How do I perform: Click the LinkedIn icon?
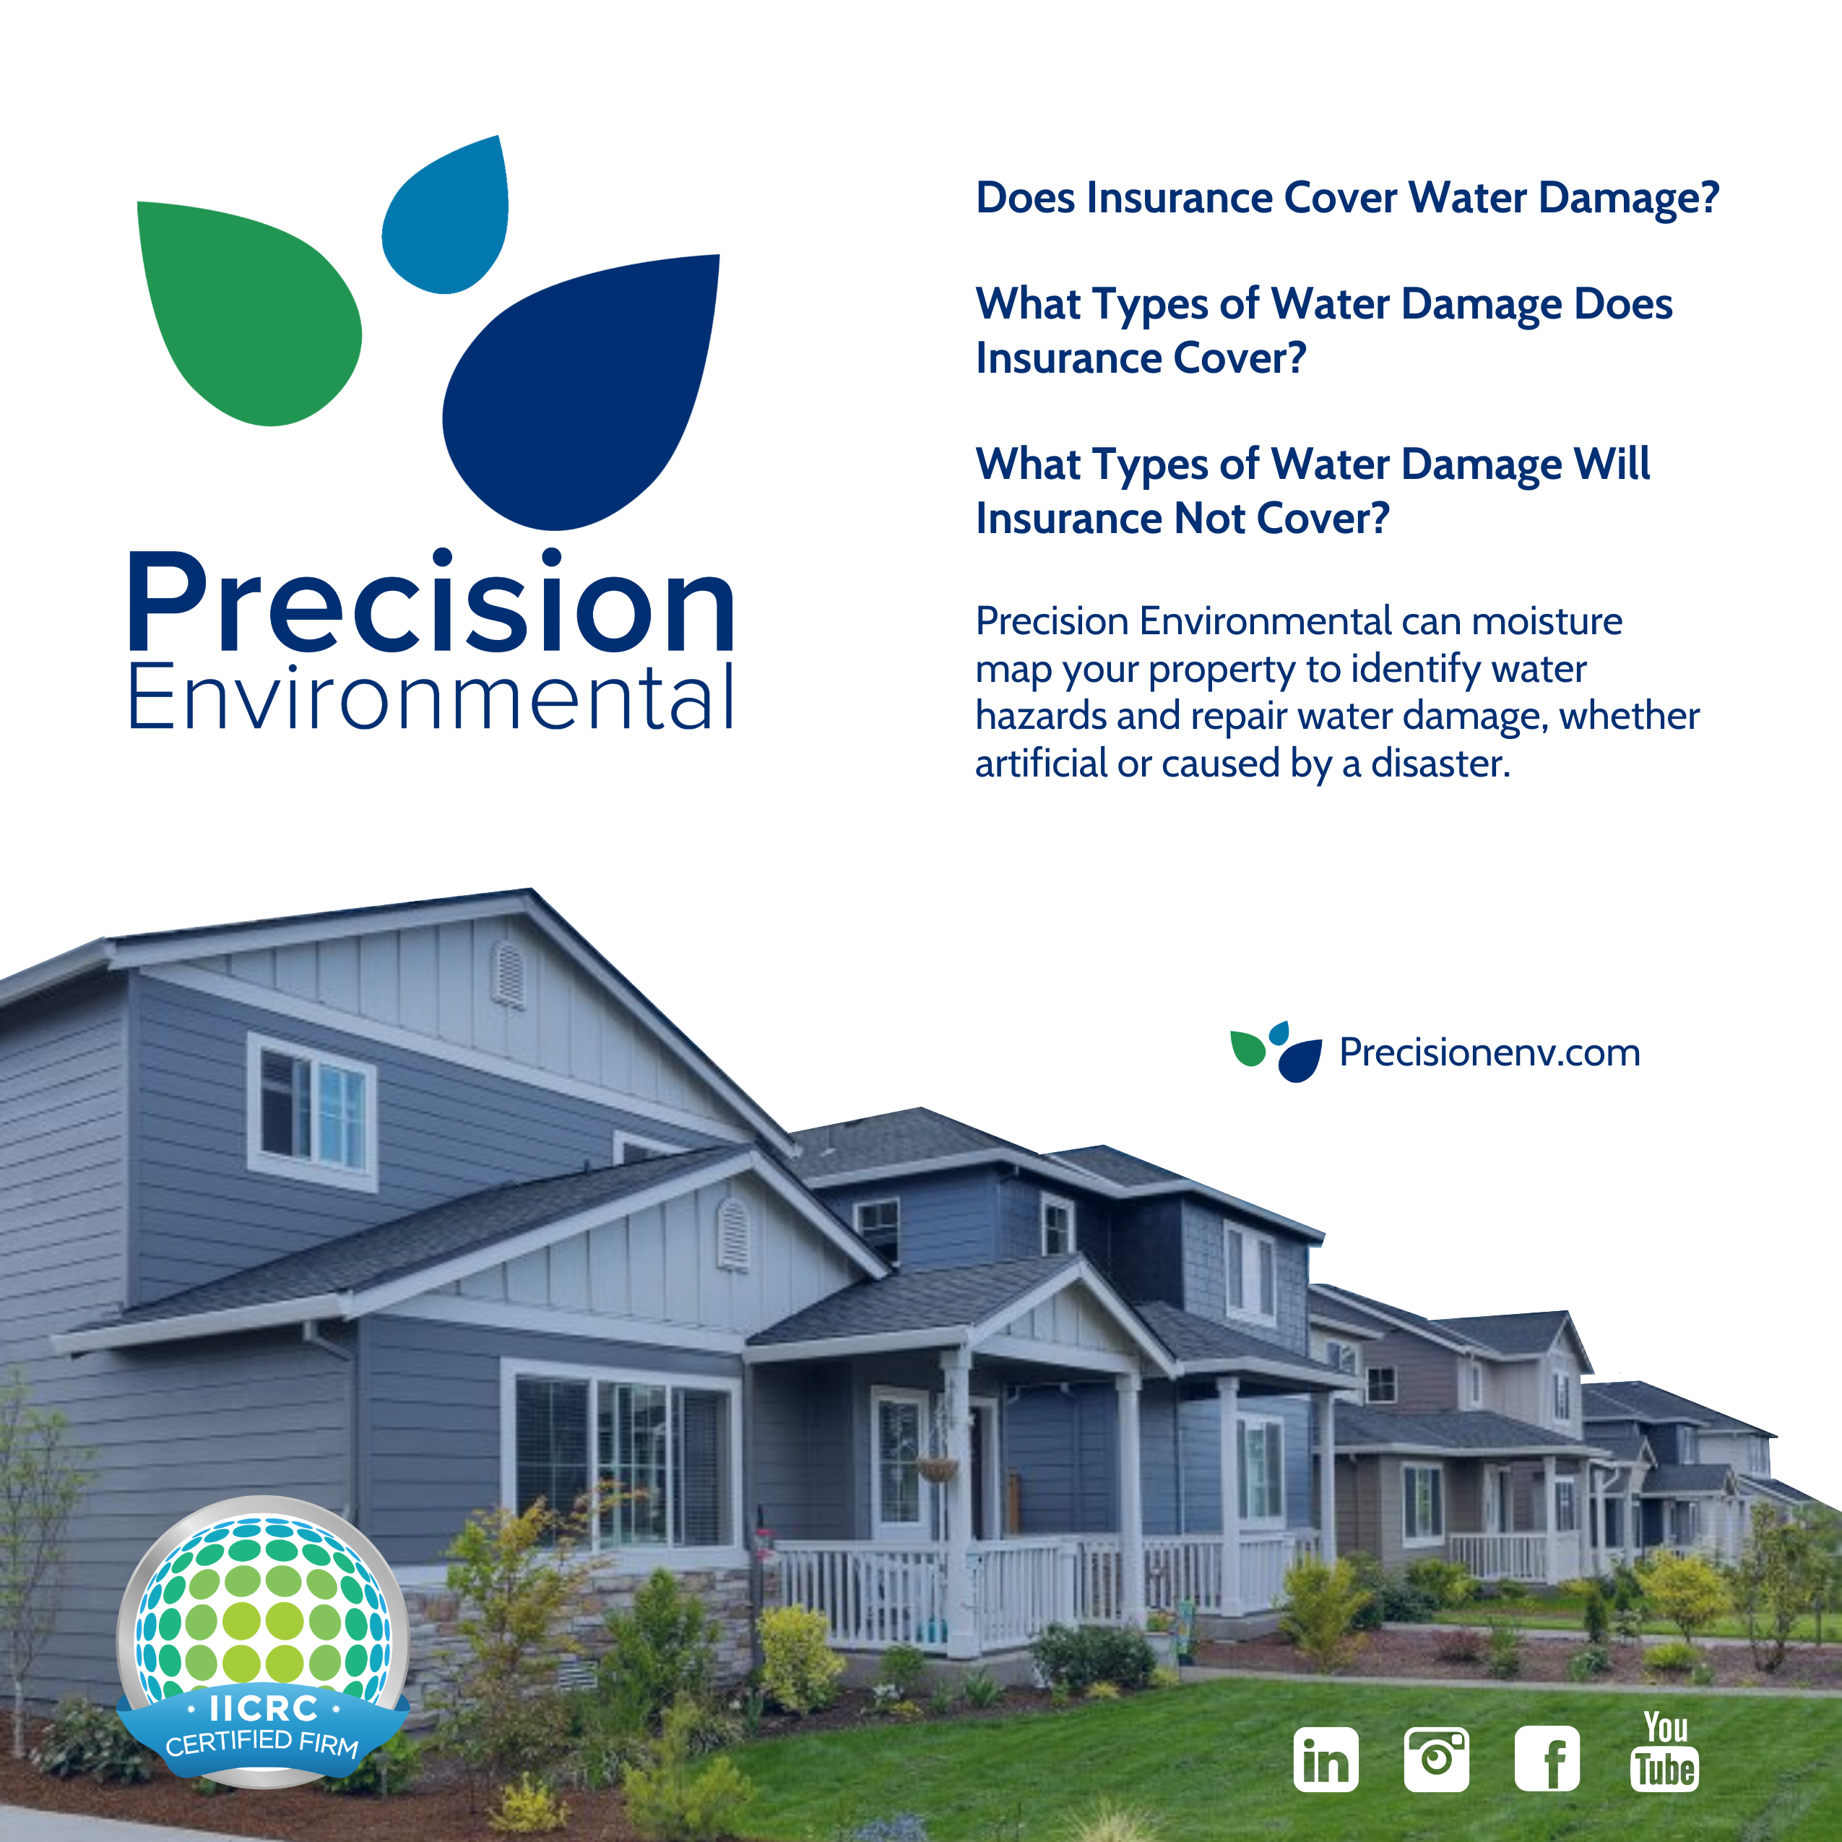[x=1326, y=1759]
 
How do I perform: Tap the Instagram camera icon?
[x=1437, y=1759]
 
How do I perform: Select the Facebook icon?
[x=1547, y=1759]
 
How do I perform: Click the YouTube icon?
[x=1665, y=1752]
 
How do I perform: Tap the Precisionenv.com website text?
[x=1489, y=1052]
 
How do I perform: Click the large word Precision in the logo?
[x=431, y=601]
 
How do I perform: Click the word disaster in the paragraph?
[x=1440, y=764]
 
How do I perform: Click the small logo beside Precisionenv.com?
[x=1276, y=1052]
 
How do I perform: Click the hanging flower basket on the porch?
[x=937, y=1469]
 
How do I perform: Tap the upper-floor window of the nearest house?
[x=312, y=1112]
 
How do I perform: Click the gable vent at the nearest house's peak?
[x=508, y=974]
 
